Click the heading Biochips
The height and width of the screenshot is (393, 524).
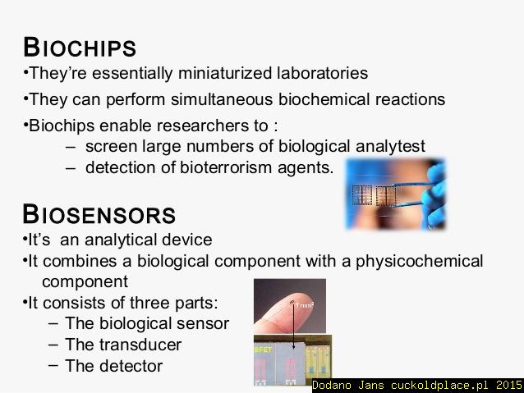[80, 47]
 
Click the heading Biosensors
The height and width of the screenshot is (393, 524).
[99, 214]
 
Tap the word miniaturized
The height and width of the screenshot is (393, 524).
[225, 73]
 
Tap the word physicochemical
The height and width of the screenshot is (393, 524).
[419, 261]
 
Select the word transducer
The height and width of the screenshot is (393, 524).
[140, 345]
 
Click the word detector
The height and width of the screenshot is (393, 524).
[131, 366]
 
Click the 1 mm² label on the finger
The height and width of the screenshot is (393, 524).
[305, 305]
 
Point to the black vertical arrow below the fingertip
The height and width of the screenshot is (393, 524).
[293, 325]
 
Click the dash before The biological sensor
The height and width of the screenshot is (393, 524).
[53, 323]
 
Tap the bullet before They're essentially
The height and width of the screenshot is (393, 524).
[25, 71]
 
